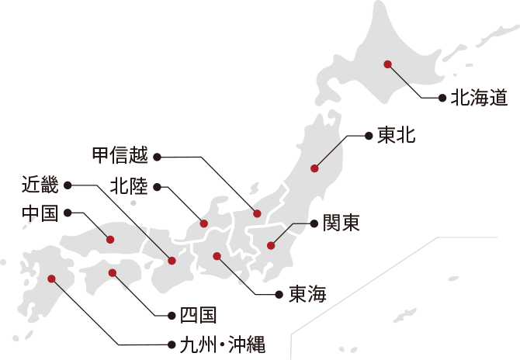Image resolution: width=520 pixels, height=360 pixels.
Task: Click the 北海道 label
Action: pyautogui.click(x=480, y=98)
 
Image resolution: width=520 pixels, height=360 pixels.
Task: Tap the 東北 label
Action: pyautogui.click(x=397, y=136)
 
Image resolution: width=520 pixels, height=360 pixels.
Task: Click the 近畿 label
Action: pyautogui.click(x=39, y=185)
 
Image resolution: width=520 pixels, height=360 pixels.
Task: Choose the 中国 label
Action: pyautogui.click(x=39, y=213)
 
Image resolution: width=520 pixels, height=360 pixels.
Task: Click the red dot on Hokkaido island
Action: pyautogui.click(x=387, y=64)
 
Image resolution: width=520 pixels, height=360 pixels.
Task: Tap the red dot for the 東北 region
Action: pyautogui.click(x=315, y=168)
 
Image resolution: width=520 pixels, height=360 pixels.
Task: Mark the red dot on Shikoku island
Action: pyautogui.click(x=113, y=272)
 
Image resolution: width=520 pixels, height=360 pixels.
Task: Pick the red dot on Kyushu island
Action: pyautogui.click(x=52, y=278)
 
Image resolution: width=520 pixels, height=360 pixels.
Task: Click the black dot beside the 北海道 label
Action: pyautogui.click(x=442, y=99)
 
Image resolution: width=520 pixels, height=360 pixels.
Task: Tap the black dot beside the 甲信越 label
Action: pyautogui.click(x=157, y=157)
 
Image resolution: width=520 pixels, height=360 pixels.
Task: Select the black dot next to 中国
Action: pyautogui.click(x=68, y=212)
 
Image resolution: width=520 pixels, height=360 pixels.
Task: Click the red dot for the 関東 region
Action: pyautogui.click(x=271, y=245)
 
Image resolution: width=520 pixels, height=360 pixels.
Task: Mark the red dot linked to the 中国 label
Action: pyautogui.click(x=109, y=239)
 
